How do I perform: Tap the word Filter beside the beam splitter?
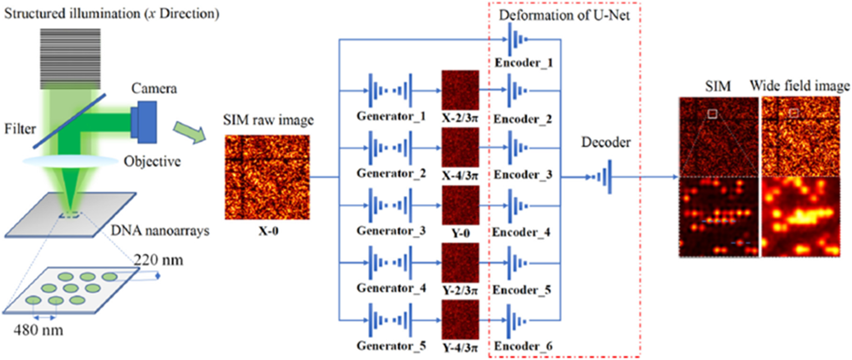click(20, 129)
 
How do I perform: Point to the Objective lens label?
click(152, 161)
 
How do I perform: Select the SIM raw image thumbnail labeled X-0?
click(267, 177)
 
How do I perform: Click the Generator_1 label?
click(391, 116)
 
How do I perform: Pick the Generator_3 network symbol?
click(390, 205)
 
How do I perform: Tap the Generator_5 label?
click(391, 345)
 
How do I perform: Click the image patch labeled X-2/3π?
click(460, 90)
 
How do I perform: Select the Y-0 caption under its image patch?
click(460, 233)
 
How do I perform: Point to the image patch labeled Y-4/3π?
click(460, 320)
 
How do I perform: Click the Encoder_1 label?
click(524, 63)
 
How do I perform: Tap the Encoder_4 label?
click(521, 232)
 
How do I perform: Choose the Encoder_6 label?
click(523, 346)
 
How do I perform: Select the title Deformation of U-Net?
click(564, 15)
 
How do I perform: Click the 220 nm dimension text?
click(158, 260)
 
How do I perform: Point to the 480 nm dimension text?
click(39, 330)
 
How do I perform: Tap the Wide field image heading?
click(799, 86)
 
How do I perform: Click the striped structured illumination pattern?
click(71, 59)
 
